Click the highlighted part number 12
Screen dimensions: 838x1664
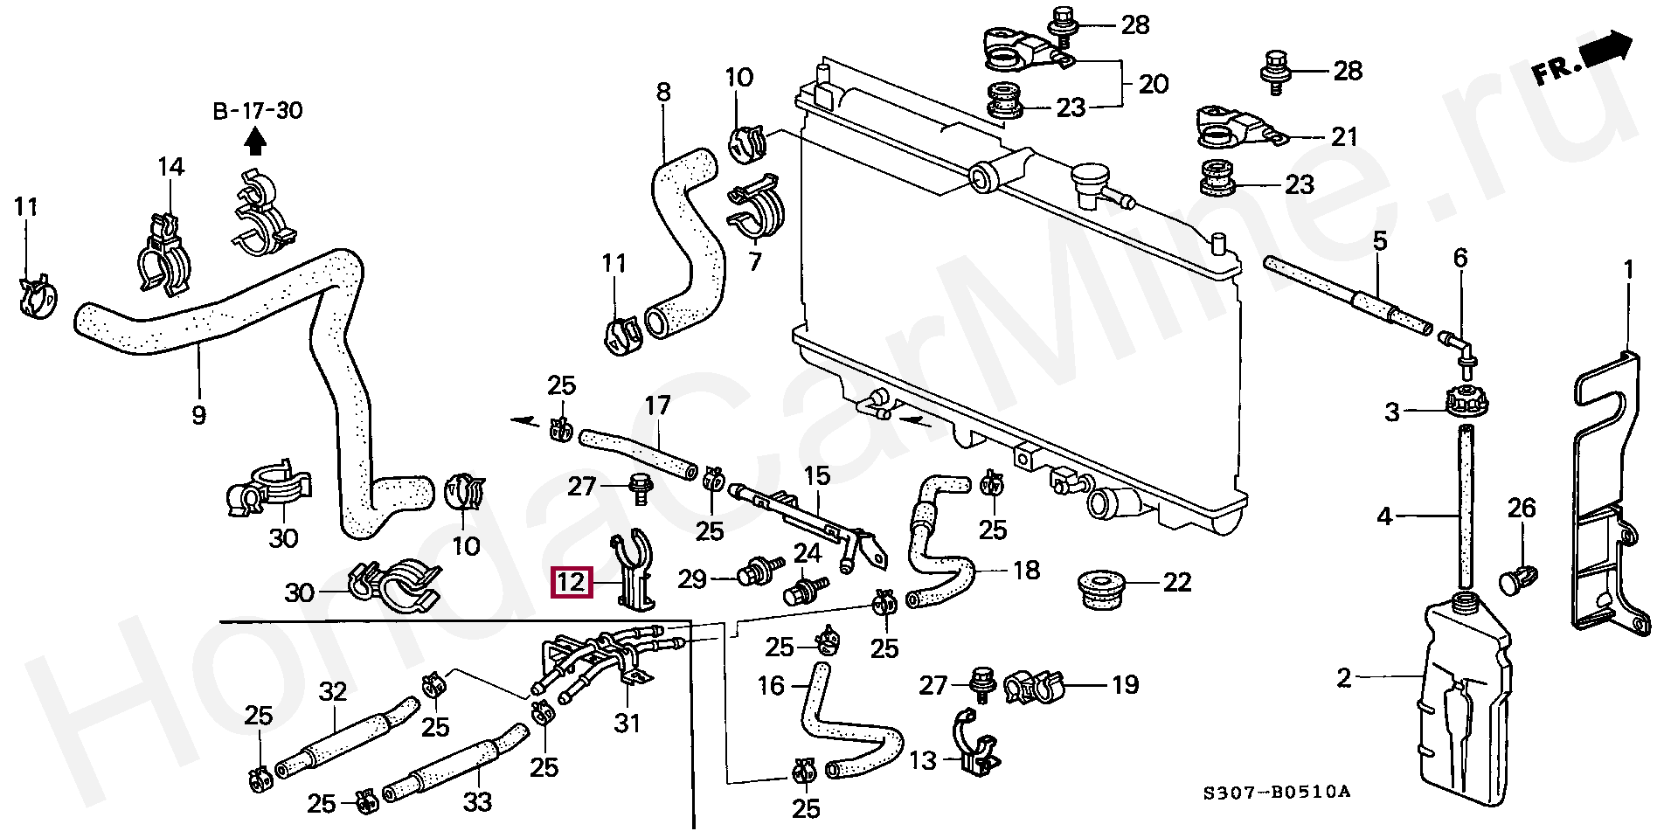tap(571, 582)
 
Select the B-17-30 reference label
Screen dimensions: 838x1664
tap(258, 111)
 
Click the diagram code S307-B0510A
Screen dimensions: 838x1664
tap(1276, 793)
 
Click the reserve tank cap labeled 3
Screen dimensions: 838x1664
tap(1465, 403)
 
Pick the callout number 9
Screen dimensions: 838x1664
tap(198, 413)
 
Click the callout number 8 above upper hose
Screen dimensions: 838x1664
tap(663, 92)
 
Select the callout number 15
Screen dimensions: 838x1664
tap(816, 476)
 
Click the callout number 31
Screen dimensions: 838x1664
tap(627, 723)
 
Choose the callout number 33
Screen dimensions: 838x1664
tap(477, 801)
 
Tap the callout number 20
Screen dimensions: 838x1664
tap(1154, 85)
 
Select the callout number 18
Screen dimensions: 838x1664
tap(1026, 571)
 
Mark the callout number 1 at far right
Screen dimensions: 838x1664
tap(1628, 270)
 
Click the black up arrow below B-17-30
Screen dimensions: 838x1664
tap(255, 140)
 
